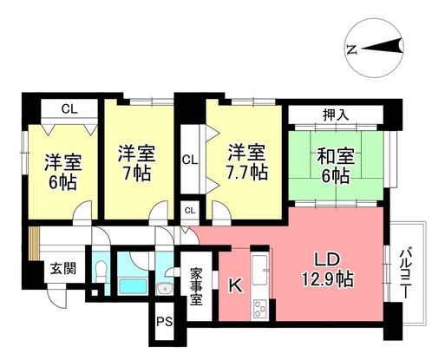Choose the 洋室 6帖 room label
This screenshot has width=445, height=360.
click(61, 171)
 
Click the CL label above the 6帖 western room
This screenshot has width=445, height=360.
click(69, 109)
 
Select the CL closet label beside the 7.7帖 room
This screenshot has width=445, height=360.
click(190, 160)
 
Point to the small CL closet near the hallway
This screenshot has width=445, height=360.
click(190, 211)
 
